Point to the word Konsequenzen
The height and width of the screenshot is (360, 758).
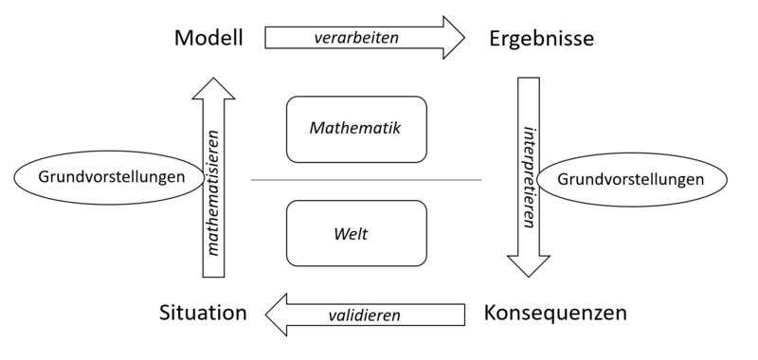coord(555,313)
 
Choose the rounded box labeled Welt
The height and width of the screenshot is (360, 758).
coord(355,232)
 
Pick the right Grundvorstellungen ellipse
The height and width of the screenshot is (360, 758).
coord(631,178)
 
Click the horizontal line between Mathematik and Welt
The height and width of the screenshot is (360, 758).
coord(366,180)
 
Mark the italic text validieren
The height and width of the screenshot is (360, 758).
coord(365,315)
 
